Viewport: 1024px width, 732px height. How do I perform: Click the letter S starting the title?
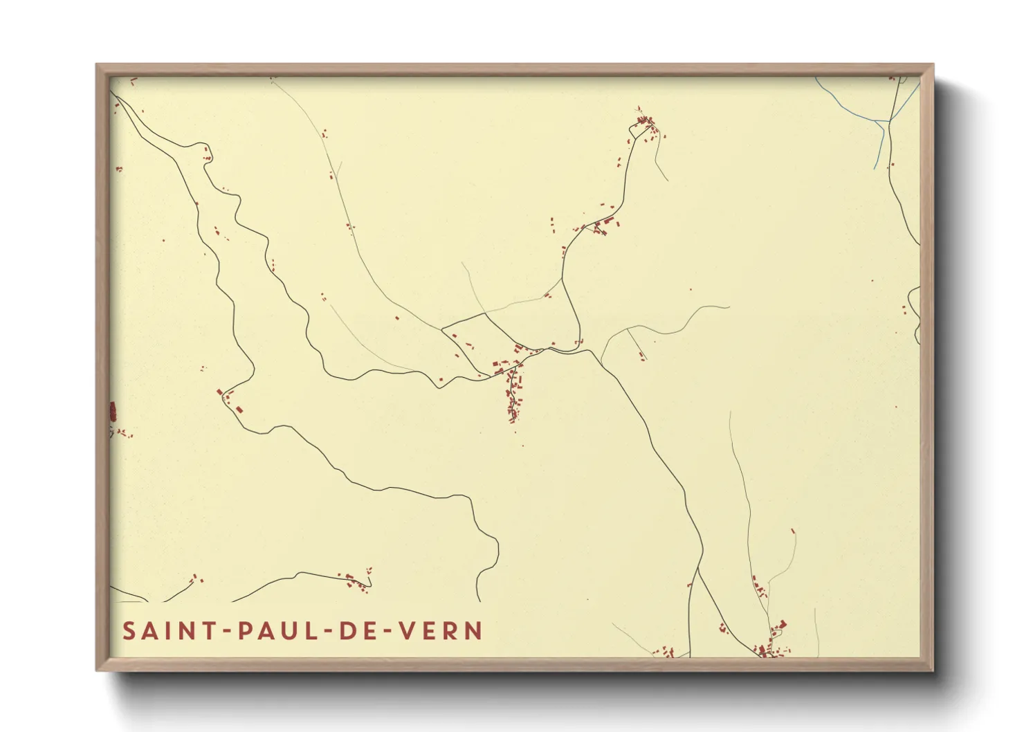129,631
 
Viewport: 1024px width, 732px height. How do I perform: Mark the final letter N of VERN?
474,631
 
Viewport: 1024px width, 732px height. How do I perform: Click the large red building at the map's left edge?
113,412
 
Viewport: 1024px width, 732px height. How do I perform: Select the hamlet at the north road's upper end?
646,125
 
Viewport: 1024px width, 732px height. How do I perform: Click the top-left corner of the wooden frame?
97,65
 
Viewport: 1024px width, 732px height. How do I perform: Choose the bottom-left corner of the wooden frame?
97,670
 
